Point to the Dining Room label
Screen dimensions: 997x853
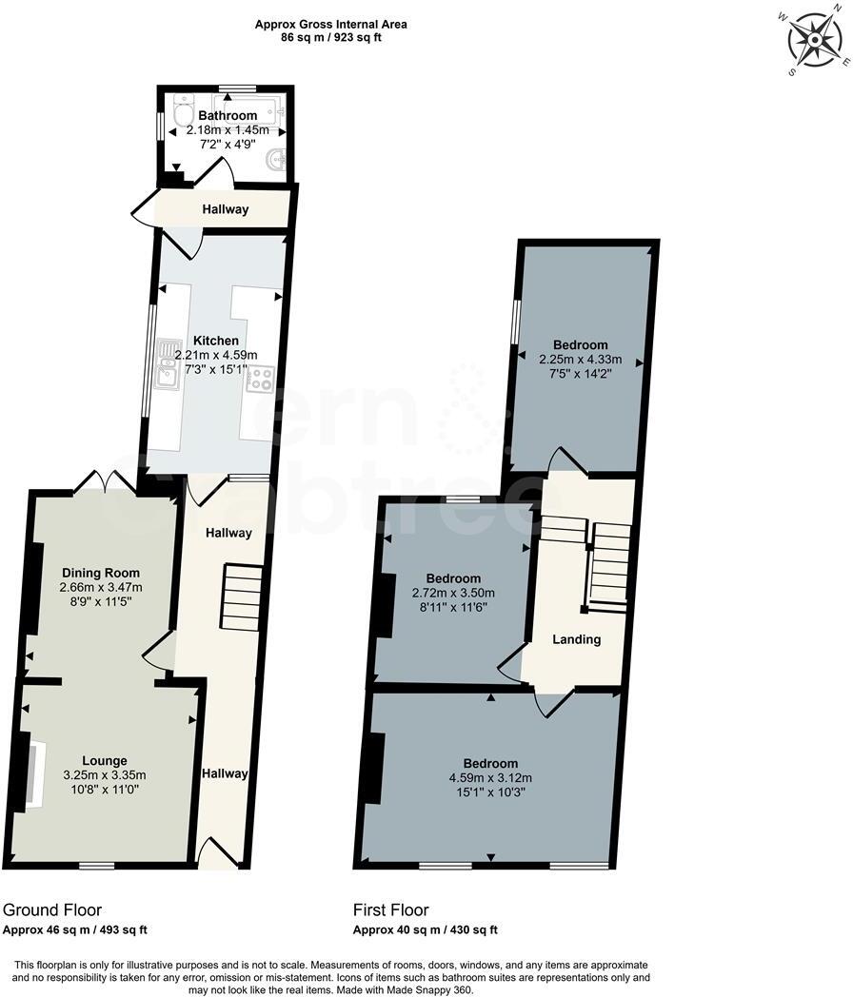point(101,573)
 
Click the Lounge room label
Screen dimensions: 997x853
point(105,760)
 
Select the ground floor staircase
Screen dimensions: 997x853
point(242,596)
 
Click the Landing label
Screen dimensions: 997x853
point(577,639)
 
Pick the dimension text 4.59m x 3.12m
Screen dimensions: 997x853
point(491,777)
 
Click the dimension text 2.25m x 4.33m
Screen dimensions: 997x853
point(580,360)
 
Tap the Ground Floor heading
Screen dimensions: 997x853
point(52,909)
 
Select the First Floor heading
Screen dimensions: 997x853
point(391,909)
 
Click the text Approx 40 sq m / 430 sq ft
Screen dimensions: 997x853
point(426,929)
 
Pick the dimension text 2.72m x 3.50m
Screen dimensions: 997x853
point(453,594)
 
